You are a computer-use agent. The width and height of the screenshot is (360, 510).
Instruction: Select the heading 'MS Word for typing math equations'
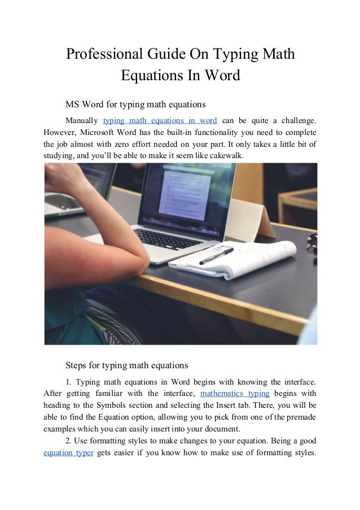coord(135,104)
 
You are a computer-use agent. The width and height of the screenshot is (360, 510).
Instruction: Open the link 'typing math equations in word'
coord(160,120)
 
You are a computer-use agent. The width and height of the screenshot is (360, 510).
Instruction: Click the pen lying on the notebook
coord(217,256)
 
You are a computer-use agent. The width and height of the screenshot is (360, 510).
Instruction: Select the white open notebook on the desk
coord(237,257)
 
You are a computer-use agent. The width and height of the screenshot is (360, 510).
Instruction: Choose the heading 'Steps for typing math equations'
coord(127,364)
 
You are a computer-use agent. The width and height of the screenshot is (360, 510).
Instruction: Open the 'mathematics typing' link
coord(235,393)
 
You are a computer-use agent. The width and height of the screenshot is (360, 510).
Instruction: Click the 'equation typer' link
coord(68,452)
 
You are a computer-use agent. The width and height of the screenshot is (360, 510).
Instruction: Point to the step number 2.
coord(68,441)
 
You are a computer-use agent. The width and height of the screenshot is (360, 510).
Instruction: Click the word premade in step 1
coord(300,417)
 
